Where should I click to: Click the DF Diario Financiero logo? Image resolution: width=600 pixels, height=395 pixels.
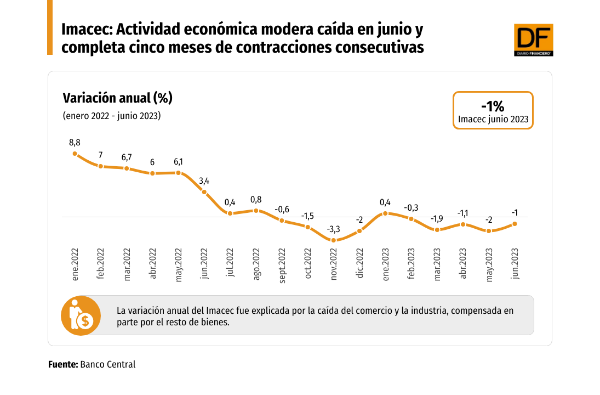(x=533, y=39)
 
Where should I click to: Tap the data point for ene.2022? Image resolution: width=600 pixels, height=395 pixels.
(x=75, y=153)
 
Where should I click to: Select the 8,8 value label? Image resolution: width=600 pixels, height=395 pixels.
(x=75, y=142)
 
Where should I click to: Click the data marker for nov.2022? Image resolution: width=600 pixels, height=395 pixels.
(x=334, y=240)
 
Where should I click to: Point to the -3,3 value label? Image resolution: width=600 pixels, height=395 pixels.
(x=334, y=229)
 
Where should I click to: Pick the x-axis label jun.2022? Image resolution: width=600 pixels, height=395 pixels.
(x=204, y=265)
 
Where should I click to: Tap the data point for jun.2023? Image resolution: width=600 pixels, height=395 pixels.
(x=515, y=223)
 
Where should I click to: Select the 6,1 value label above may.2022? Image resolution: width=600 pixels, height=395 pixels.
(x=178, y=162)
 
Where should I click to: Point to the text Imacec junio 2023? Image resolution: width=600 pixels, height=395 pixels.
(x=493, y=119)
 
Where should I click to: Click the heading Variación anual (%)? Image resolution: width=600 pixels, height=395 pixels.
(x=118, y=98)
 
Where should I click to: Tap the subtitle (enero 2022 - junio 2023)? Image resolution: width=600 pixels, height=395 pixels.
(x=112, y=116)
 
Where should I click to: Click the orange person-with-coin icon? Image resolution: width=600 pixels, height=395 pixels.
(x=81, y=315)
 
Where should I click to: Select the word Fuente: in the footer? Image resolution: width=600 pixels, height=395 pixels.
(x=63, y=364)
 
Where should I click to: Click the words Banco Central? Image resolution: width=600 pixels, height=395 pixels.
(x=107, y=364)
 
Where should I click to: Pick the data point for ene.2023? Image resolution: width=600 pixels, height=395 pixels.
(x=386, y=213)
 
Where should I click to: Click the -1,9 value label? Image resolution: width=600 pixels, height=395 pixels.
(x=437, y=219)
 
